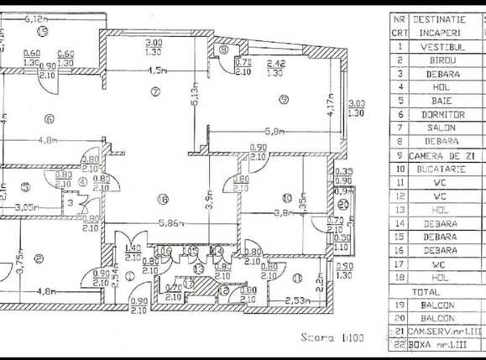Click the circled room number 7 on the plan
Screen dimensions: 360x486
[x=154, y=90]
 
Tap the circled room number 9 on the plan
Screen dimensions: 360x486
[x=284, y=100]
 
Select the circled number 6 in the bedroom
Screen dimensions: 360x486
[x=50, y=118]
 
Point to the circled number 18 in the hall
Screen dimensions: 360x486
[x=162, y=199]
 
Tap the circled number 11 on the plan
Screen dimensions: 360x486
[x=298, y=278]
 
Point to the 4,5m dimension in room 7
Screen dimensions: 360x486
[x=156, y=70]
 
